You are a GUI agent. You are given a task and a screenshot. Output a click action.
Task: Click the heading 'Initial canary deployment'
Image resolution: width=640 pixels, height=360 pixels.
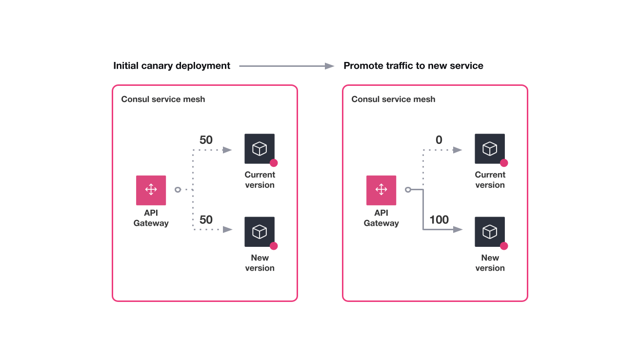(172, 66)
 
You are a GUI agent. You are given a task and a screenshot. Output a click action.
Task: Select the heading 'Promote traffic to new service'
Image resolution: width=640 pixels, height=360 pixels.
(413, 66)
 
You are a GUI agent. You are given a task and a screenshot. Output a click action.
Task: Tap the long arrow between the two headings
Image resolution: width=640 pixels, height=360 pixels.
(287, 66)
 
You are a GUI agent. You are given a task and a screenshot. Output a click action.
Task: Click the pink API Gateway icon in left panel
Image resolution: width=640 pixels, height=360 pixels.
(151, 190)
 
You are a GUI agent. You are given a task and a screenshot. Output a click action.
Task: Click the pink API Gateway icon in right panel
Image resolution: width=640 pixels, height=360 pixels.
(381, 190)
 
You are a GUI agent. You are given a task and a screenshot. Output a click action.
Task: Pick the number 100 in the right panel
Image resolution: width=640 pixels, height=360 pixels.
(439, 220)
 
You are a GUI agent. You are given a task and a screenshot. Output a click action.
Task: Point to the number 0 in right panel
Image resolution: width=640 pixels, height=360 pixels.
(439, 140)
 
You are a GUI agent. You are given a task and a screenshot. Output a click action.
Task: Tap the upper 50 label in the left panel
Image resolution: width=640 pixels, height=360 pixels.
(206, 140)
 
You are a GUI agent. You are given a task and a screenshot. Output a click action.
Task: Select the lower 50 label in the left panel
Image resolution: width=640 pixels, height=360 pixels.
(206, 220)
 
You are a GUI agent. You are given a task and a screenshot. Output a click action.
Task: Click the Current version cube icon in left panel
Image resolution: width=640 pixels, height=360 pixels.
(260, 149)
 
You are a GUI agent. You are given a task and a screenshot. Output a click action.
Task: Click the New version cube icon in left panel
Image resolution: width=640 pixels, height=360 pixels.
(260, 232)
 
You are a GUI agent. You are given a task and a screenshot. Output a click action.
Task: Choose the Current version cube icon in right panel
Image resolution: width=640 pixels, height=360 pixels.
(490, 149)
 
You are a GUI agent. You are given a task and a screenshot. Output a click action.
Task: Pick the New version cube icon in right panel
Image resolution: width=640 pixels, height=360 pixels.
(490, 232)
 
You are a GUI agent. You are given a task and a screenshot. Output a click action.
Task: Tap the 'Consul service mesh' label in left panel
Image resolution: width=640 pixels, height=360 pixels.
(163, 100)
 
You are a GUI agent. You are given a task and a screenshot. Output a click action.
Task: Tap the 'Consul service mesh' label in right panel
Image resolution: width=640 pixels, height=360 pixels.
(393, 100)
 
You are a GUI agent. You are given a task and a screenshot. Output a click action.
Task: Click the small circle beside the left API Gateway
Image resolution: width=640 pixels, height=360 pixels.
(178, 190)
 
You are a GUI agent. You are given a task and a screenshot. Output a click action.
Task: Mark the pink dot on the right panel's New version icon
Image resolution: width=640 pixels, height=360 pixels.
(504, 246)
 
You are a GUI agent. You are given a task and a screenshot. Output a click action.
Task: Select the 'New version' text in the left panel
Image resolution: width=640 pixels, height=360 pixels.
(260, 263)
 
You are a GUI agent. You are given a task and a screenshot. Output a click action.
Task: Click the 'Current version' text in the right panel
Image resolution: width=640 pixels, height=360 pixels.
(490, 180)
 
